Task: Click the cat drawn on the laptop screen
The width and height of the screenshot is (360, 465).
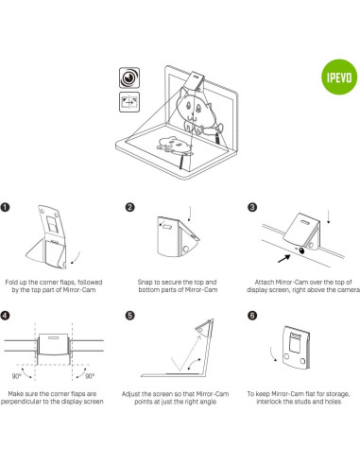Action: point(202,112)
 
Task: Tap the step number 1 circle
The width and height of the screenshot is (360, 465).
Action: point(9,206)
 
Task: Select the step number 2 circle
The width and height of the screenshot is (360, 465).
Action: point(129,206)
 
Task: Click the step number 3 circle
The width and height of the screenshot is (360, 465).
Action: point(250,206)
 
